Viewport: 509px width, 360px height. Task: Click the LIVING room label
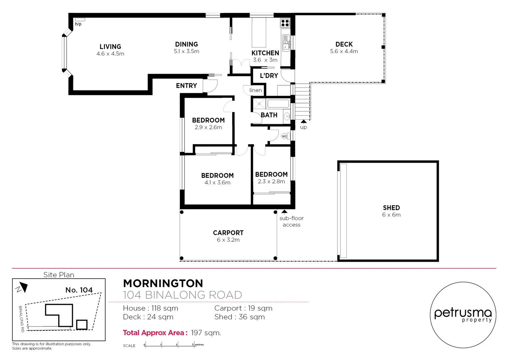110,47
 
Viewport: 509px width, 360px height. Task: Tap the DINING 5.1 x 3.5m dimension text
187,51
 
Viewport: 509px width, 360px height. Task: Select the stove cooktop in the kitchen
285,23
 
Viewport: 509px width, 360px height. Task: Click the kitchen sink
286,43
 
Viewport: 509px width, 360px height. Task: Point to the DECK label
344,44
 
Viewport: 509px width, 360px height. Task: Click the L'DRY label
269,76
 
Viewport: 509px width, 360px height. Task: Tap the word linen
255,90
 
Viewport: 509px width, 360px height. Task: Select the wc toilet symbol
284,136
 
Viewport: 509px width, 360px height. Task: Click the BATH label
269,115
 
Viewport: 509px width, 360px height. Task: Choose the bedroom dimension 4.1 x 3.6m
217,183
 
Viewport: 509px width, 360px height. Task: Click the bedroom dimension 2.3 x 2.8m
271,182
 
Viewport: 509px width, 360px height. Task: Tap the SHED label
391,208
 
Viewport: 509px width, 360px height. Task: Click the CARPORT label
228,233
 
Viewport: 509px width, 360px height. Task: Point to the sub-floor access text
291,221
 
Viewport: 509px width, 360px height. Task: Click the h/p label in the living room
78,24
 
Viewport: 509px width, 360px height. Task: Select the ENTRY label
186,86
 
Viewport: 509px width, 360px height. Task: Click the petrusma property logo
463,315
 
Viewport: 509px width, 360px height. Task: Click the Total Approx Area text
155,333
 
